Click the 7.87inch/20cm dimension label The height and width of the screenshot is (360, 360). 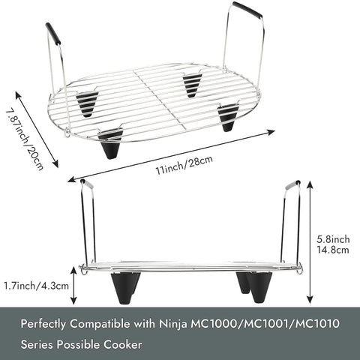point(24,139)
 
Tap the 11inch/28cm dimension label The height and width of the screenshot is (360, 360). point(184,165)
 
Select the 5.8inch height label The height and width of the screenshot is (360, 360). point(333,239)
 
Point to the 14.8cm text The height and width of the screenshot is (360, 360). point(333,250)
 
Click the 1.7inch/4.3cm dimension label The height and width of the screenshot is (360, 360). point(36,286)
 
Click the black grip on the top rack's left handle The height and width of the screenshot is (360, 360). point(53,34)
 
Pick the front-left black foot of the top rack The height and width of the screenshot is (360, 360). point(109,144)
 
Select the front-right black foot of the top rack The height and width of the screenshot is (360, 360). point(227,118)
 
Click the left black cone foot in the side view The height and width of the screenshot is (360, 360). point(124,287)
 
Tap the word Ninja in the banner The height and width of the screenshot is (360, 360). point(173,324)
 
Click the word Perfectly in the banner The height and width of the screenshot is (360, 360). point(43,324)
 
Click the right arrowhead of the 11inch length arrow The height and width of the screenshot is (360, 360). point(271,132)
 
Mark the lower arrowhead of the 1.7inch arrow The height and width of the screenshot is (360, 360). point(73,300)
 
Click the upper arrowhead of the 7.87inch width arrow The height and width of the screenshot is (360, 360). point(19,95)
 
